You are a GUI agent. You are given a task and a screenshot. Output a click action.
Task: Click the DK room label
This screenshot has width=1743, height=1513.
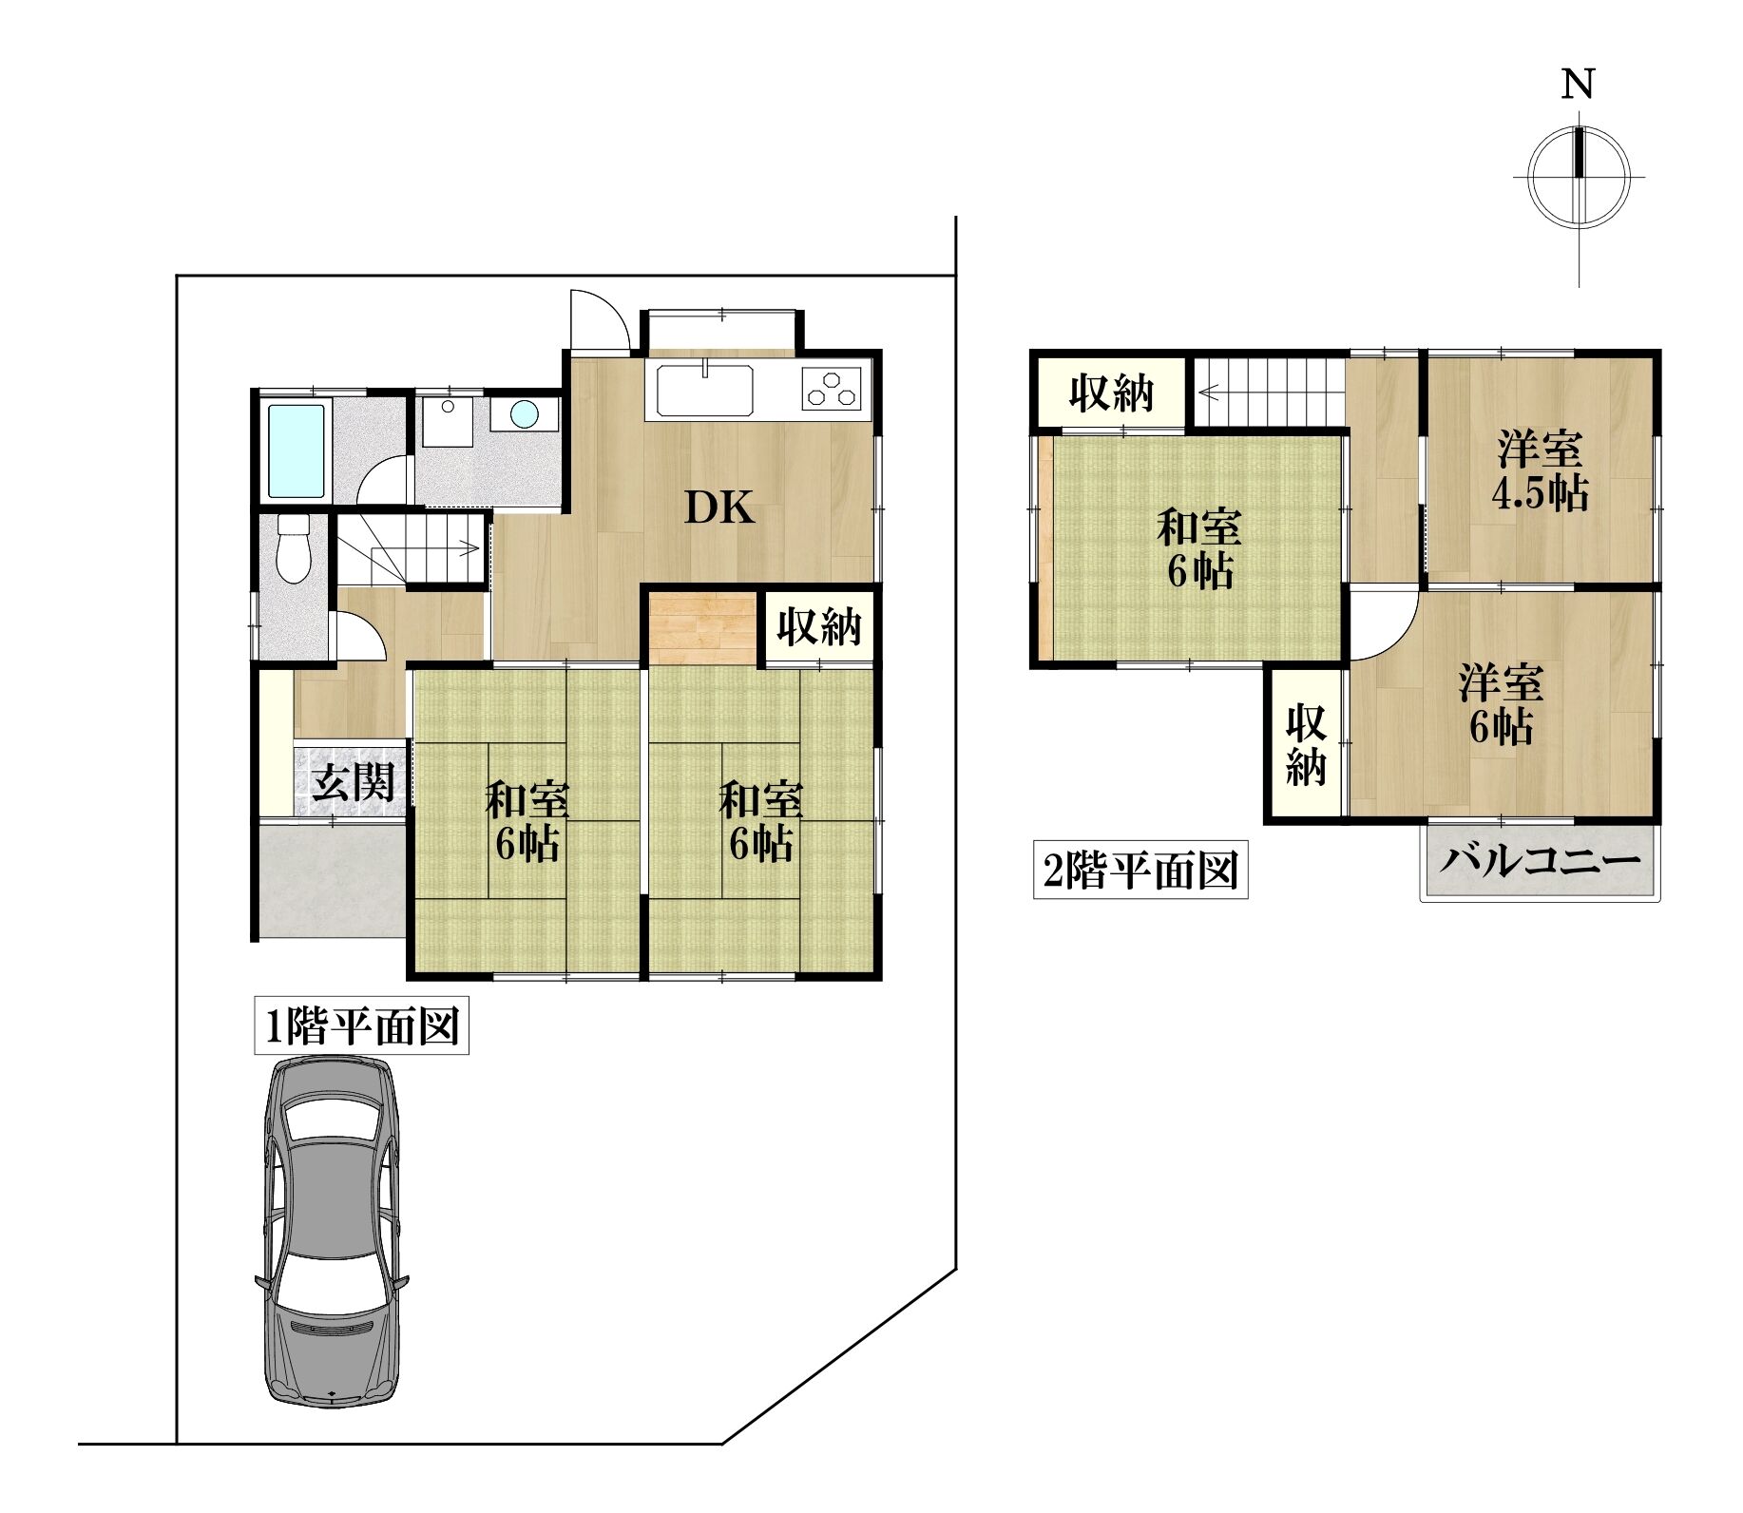[720, 509]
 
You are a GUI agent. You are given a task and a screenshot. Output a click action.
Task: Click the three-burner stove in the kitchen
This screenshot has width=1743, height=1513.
[832, 388]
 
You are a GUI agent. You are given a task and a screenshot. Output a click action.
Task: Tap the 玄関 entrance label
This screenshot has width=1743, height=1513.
[354, 783]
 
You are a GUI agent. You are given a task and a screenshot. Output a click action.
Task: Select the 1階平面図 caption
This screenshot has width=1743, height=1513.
[362, 1026]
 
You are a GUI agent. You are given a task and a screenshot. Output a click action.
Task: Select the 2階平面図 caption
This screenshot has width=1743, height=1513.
[1140, 871]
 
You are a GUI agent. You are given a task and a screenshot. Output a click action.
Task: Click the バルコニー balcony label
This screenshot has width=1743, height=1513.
[1539, 861]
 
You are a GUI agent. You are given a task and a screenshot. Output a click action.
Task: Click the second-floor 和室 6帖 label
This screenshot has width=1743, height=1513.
[1197, 548]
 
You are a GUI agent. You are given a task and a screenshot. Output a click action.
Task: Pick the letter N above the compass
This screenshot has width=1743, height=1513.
[1578, 85]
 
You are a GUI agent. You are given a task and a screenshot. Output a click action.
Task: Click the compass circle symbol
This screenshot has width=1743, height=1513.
[1579, 178]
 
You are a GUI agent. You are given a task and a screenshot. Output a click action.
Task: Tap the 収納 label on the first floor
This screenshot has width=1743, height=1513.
[820, 625]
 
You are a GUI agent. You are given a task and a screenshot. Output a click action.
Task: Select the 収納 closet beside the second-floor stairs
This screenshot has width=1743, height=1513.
[1111, 392]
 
